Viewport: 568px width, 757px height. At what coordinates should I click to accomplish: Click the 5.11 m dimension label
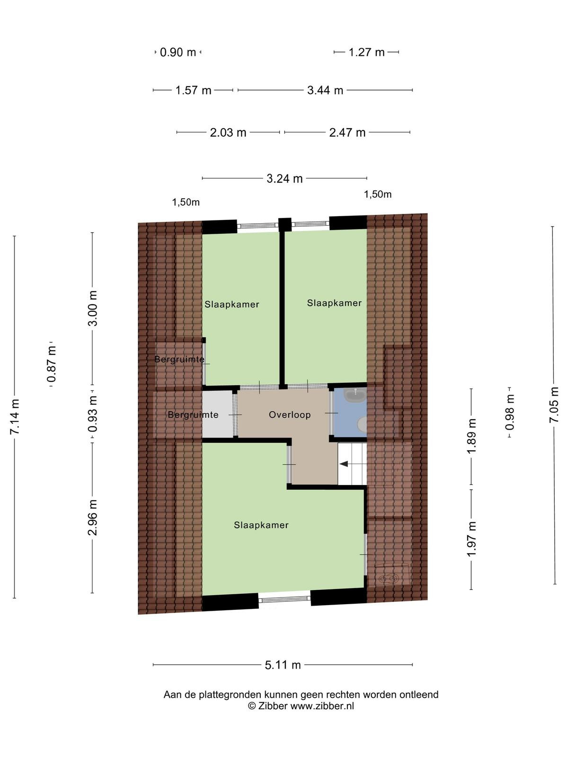[283, 665]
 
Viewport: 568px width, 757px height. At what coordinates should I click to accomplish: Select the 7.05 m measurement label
[553, 405]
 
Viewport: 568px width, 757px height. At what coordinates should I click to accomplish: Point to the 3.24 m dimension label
[284, 179]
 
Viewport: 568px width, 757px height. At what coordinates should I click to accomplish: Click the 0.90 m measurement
[178, 53]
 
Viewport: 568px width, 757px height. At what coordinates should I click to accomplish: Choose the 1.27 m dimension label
[366, 53]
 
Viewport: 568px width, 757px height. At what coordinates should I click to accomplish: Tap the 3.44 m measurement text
[325, 90]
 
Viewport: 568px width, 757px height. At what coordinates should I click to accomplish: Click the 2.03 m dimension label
[228, 132]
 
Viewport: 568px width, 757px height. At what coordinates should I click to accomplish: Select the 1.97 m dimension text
[471, 539]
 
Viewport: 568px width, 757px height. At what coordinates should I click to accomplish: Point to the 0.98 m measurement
[510, 413]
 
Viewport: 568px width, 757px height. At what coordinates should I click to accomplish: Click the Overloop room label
[290, 414]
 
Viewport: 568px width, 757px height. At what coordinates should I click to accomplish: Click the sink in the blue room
[355, 395]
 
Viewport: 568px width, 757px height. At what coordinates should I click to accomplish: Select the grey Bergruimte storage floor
[217, 414]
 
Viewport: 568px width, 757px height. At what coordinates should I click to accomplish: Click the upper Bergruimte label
[179, 360]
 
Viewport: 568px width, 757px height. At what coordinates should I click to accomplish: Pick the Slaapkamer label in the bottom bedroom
[261, 525]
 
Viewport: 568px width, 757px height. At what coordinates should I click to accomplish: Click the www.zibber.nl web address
[322, 706]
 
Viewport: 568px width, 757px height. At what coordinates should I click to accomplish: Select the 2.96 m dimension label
[92, 517]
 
